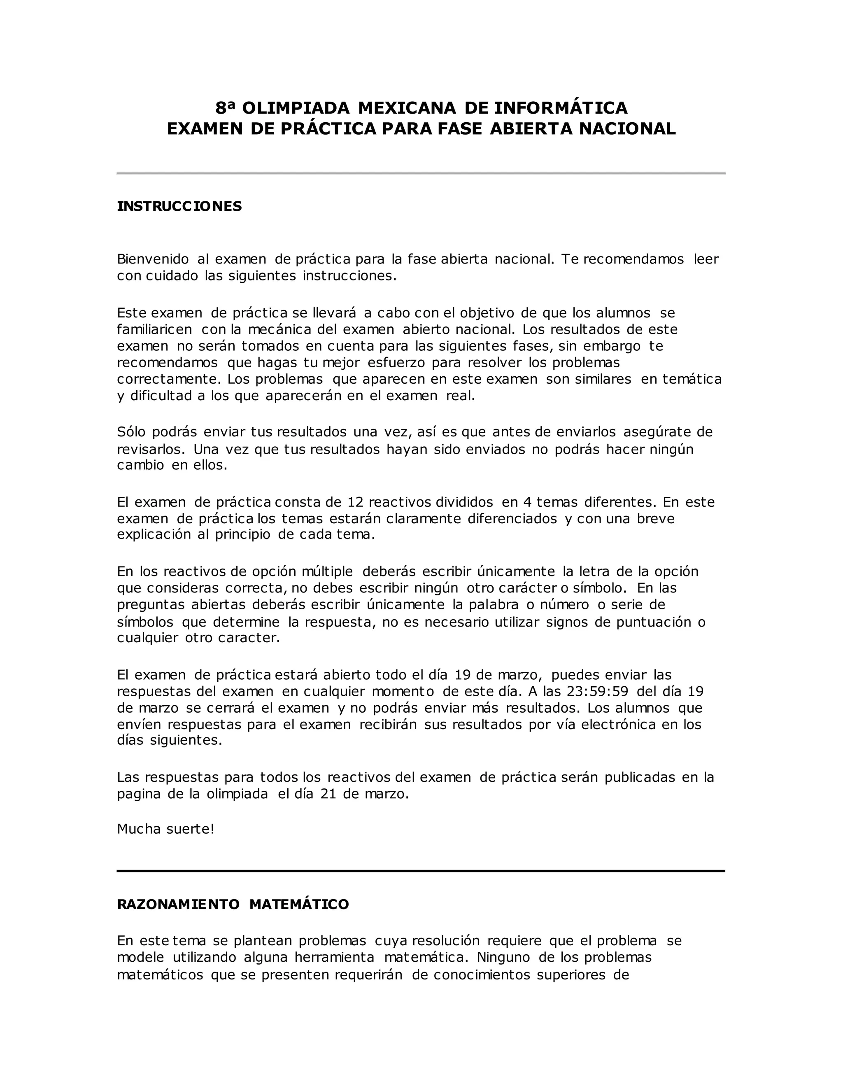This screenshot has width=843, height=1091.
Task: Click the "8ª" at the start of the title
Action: point(224,108)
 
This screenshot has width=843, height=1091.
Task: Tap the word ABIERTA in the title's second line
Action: point(531,129)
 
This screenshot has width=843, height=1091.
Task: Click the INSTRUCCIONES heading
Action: point(179,206)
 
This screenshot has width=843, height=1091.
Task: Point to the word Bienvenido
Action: point(153,259)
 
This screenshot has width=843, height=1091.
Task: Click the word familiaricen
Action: point(154,330)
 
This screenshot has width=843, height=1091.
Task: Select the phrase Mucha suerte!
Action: point(166,829)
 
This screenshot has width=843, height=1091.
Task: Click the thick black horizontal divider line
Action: point(421,871)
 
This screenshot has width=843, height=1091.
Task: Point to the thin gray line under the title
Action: point(421,173)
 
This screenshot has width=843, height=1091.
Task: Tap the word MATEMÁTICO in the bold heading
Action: point(299,905)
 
